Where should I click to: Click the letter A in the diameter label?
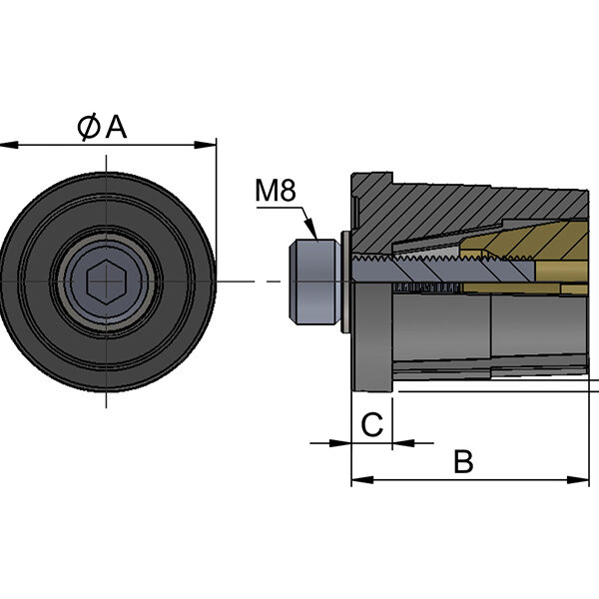[x=116, y=127]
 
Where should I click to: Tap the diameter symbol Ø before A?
[x=89, y=127]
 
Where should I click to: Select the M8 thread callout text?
[x=277, y=190]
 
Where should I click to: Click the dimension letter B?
[x=463, y=461]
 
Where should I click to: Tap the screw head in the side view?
[x=314, y=283]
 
